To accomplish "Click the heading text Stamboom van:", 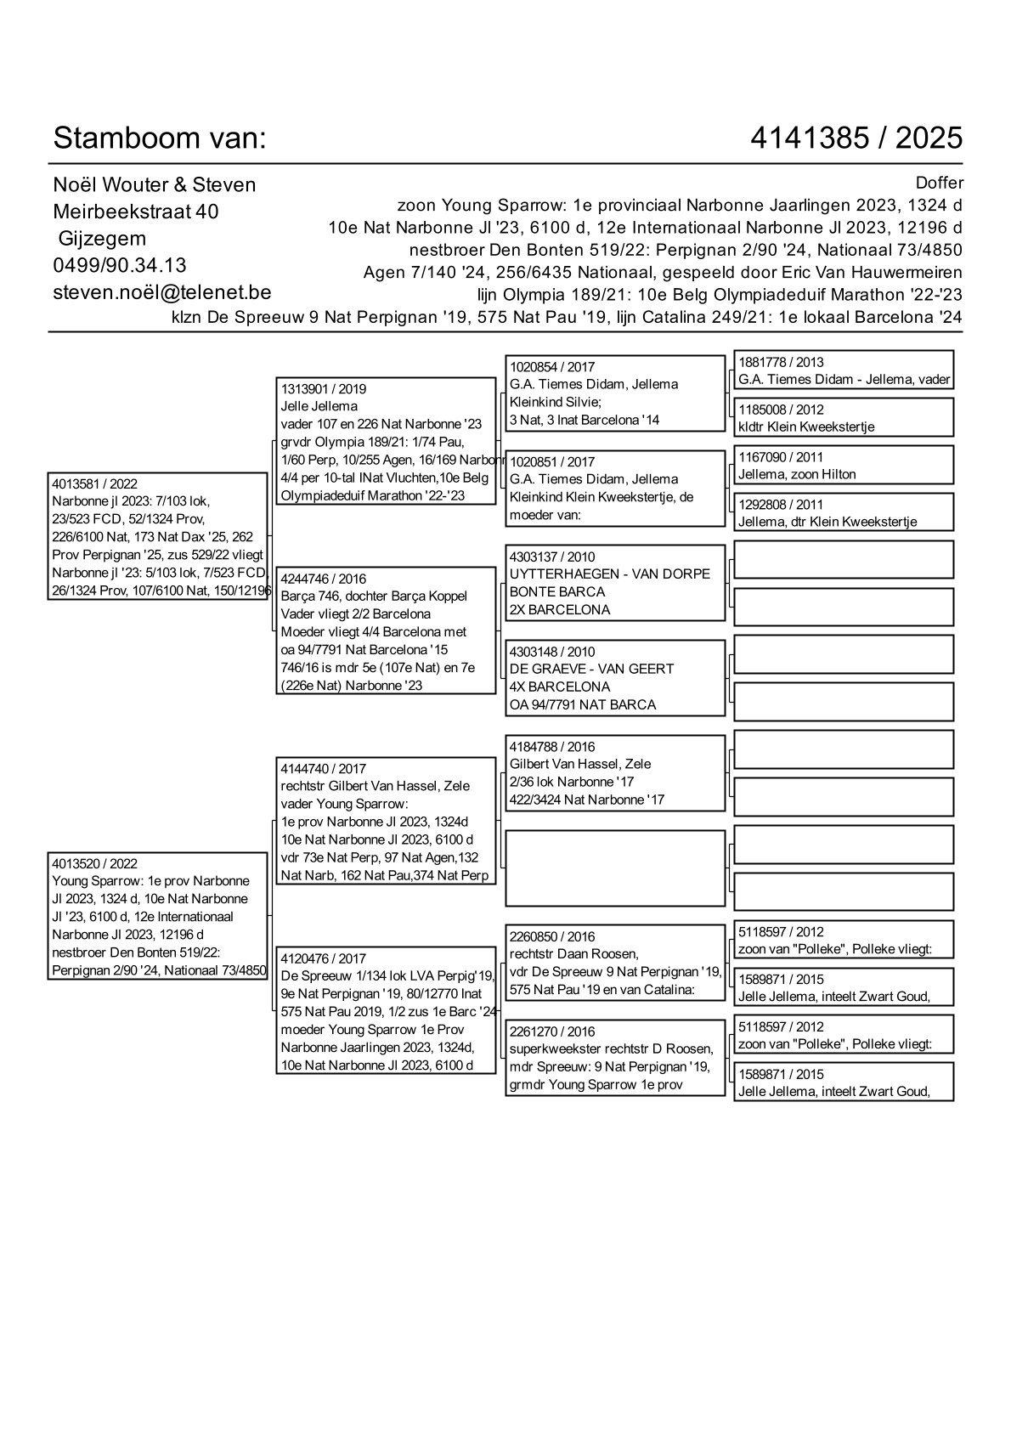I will [160, 138].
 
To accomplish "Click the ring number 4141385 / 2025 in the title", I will [856, 138].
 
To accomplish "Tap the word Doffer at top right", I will [940, 183].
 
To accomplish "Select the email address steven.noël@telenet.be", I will [161, 292].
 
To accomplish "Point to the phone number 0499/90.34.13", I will [120, 265].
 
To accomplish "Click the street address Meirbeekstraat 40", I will [136, 212].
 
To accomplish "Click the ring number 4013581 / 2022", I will [94, 483].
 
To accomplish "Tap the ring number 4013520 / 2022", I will [94, 863].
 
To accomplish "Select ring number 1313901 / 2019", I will [324, 388].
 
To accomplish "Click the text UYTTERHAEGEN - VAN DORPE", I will [609, 574].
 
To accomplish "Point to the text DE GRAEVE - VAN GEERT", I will [591, 669].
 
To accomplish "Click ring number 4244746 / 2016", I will [324, 579].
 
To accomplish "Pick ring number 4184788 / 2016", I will [552, 746].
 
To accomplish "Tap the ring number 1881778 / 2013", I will [781, 362].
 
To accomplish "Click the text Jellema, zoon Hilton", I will [797, 474].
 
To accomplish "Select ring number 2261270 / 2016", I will [552, 1032].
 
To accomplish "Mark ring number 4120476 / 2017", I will [324, 958].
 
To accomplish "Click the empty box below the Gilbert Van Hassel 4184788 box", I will [615, 868].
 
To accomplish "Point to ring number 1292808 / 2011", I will [781, 505].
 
